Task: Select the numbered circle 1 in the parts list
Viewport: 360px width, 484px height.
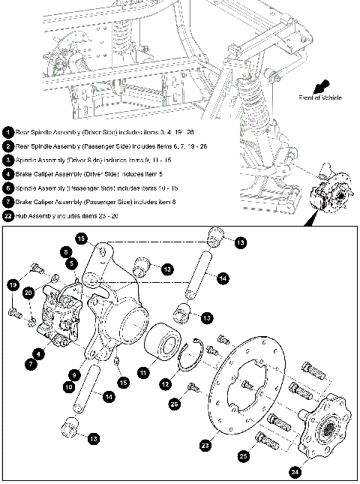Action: (x=8, y=132)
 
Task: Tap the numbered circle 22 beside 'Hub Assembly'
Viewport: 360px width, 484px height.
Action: (x=8, y=216)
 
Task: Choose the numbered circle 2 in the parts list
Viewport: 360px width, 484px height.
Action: (x=8, y=146)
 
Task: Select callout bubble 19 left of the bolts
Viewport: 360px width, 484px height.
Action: (x=13, y=284)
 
